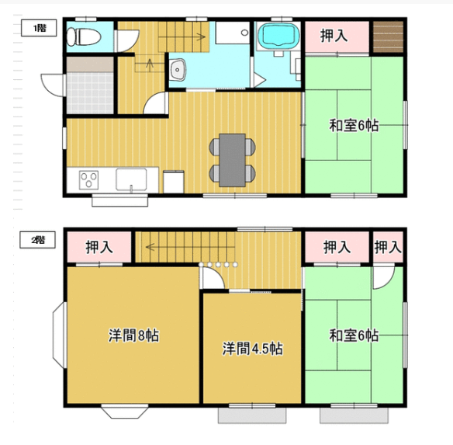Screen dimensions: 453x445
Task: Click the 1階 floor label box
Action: tap(39, 28)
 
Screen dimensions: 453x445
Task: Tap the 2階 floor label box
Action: tap(37, 239)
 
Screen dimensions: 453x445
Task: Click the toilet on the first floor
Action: tap(84, 37)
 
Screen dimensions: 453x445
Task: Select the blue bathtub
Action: tap(278, 37)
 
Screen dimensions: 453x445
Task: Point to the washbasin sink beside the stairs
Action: tap(178, 70)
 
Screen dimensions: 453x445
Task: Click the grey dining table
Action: tap(232, 160)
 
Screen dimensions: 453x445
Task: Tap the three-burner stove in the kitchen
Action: tap(88, 179)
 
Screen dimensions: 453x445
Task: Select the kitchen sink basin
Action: tap(131, 179)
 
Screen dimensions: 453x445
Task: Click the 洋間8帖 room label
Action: tap(133, 335)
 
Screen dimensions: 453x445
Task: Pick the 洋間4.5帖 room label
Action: tap(253, 349)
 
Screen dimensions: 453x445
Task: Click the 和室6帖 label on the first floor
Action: tap(354, 126)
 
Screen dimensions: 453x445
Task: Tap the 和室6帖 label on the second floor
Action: tap(354, 335)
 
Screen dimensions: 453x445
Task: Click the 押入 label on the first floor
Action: tap(334, 36)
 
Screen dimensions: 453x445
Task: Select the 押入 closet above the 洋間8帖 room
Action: tap(99, 248)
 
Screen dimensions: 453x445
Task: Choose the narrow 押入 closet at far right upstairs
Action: tap(388, 247)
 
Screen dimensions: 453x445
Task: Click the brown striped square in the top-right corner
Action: tap(388, 37)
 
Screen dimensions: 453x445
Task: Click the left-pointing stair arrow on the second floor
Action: tap(190, 248)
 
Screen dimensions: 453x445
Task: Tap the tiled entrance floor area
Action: tap(90, 92)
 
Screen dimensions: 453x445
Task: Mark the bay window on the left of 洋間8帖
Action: tap(60, 335)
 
